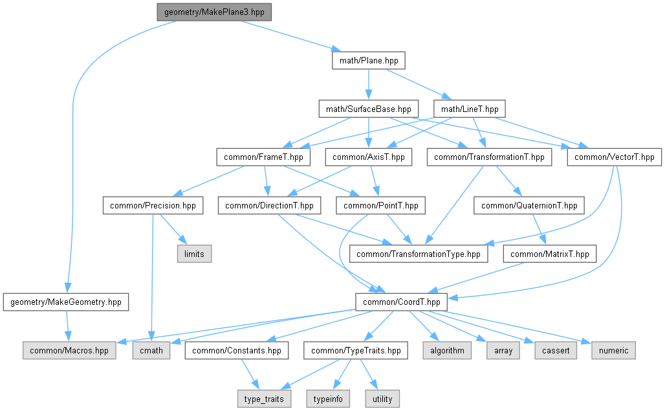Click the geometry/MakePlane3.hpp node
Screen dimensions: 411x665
213,12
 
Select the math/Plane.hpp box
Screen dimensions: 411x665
369,61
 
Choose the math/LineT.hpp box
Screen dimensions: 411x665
469,109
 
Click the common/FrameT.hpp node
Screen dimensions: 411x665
263,157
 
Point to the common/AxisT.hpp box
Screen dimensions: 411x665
368,157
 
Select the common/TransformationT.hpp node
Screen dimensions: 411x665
490,157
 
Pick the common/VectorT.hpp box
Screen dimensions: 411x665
614,157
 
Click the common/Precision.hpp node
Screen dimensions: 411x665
152,206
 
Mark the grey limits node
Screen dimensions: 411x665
194,254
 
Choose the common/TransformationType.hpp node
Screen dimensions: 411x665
419,254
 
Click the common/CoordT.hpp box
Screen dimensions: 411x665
401,302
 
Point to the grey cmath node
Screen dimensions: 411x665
152,350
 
